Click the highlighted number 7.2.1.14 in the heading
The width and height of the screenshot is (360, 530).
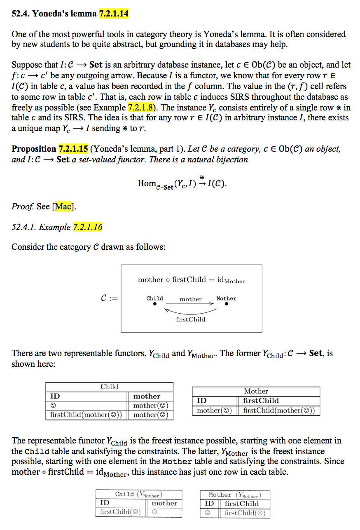113,14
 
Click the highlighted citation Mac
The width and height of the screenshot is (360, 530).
63,206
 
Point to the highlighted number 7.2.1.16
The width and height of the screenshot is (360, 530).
88,227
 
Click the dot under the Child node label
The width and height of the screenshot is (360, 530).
154,305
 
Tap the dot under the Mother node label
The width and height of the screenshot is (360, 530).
226,305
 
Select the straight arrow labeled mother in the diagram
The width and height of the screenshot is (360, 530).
190,304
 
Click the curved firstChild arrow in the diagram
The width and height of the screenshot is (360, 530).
190,312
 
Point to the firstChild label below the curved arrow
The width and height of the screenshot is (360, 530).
190,319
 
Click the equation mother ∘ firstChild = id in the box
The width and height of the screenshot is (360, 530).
191,280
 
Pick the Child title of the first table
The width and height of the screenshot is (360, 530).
109,387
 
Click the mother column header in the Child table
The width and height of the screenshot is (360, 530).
147,396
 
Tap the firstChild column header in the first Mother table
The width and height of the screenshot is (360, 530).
261,401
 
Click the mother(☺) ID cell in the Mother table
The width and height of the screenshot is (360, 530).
214,410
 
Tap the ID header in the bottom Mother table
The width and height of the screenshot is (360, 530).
209,504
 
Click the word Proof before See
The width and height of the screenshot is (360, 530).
23,206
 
